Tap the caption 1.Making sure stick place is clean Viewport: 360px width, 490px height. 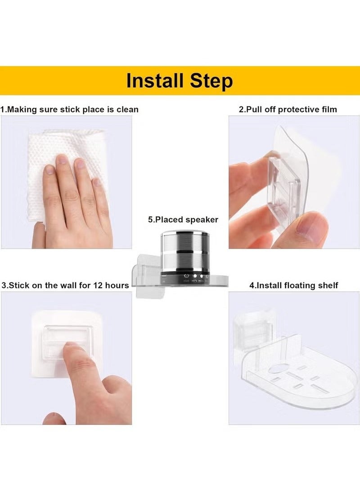(x=69, y=109)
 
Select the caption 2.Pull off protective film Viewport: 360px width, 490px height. (x=288, y=109)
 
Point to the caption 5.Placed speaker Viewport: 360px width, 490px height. (x=183, y=220)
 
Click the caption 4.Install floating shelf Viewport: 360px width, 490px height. (x=293, y=285)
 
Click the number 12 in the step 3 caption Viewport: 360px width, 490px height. (x=98, y=285)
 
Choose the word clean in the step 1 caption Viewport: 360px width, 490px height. (x=127, y=109)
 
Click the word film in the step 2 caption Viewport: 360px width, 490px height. (x=328, y=109)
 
